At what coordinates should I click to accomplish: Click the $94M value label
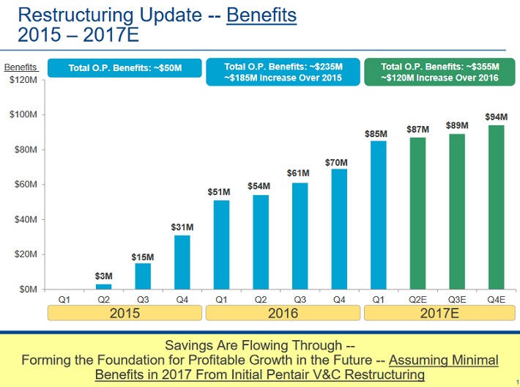coord(496,117)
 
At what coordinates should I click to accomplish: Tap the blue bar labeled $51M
coord(221,245)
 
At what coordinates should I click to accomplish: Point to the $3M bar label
coord(104,276)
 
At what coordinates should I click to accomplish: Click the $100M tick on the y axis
coord(26,115)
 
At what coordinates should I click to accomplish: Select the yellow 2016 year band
coord(283,314)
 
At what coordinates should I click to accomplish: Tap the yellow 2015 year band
coord(125,314)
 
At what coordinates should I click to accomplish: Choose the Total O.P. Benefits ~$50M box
coord(125,68)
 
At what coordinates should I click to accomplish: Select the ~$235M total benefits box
coord(283,72)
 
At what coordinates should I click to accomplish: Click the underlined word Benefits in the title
coord(261,15)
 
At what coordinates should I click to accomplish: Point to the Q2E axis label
coord(417,299)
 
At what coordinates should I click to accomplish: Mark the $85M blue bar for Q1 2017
coord(378,215)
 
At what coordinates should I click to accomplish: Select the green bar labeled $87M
coord(417,213)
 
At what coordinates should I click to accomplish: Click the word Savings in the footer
coord(189,345)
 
